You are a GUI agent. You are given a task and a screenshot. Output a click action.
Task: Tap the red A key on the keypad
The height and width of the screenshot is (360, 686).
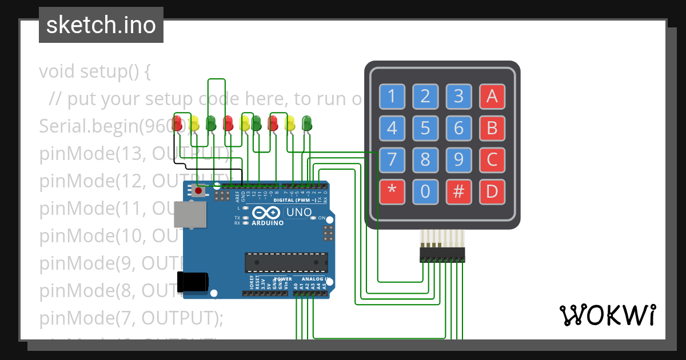coord(492,97)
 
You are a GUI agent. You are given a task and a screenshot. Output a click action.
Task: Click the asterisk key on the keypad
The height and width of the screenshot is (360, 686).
coord(392,191)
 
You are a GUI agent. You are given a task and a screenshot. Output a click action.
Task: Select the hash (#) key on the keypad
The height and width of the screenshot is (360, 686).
coord(458,191)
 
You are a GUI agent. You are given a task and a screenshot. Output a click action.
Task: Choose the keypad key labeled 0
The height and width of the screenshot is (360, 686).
coord(425,191)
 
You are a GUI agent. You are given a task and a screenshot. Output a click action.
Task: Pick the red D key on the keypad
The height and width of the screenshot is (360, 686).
coord(492,191)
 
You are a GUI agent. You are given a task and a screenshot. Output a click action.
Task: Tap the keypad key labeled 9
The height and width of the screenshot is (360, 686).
coord(458,160)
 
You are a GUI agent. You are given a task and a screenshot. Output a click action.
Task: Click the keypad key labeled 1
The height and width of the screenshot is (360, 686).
coord(392,97)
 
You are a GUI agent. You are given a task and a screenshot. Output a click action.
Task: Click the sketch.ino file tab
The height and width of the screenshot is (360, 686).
coord(101,25)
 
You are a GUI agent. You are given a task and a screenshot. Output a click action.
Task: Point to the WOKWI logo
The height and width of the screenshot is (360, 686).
coord(607,315)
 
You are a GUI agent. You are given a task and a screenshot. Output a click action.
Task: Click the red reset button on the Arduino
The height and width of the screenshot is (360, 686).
coord(198,191)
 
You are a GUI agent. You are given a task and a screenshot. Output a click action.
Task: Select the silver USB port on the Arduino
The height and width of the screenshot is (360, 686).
coord(191,215)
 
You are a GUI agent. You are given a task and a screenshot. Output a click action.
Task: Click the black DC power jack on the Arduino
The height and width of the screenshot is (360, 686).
coord(192,281)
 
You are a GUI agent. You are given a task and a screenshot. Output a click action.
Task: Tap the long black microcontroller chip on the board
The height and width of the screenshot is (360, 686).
coord(286,262)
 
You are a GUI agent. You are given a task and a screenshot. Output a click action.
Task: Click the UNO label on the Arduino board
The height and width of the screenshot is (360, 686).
coord(299,213)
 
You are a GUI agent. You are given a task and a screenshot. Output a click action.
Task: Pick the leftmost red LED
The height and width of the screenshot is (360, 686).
coord(178,122)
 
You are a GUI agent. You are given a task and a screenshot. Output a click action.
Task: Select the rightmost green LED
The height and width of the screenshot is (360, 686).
coord(306,122)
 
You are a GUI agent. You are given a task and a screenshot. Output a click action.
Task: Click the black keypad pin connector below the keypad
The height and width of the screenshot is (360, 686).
coord(442,255)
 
